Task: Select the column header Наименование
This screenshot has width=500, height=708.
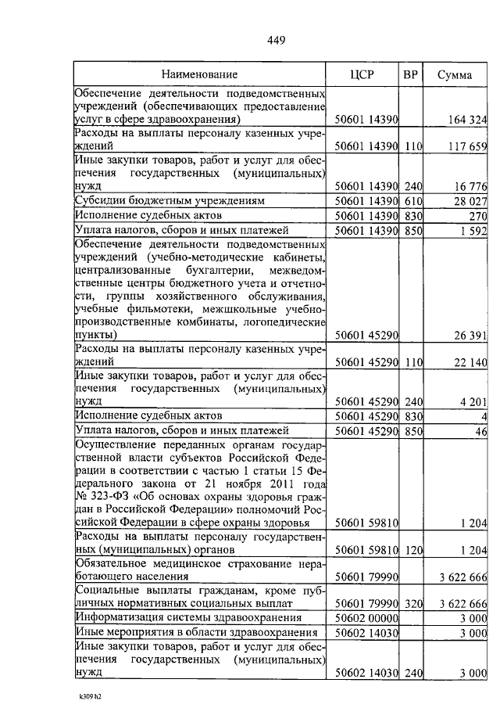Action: click(x=199, y=75)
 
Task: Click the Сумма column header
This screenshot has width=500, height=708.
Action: click(x=454, y=75)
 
